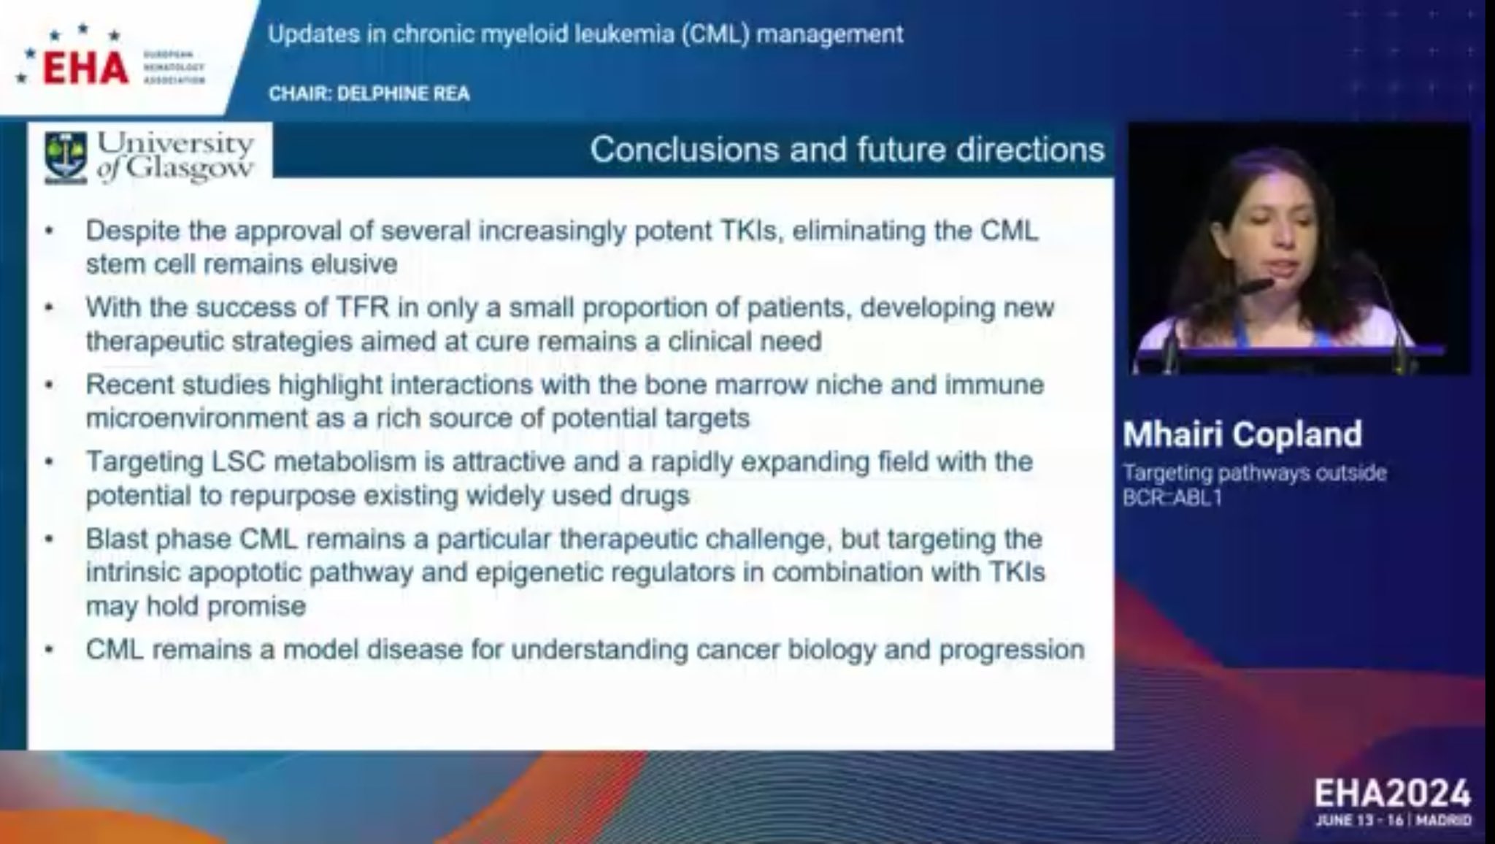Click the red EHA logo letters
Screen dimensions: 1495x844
tap(86, 69)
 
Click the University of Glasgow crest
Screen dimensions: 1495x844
tap(66, 156)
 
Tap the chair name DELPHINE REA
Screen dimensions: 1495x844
tap(404, 93)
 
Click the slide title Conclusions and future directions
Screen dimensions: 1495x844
tap(847, 149)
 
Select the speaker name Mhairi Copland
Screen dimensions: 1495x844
tap(1242, 434)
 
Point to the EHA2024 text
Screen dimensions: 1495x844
tap(1392, 794)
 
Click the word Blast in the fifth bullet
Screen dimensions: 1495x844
tap(118, 539)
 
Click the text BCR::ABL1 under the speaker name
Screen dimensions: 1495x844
tap(1172, 498)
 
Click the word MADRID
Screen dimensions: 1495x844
tap(1444, 821)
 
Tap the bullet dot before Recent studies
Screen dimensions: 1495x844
tap(49, 385)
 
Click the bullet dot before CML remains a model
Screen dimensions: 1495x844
tap(49, 650)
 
